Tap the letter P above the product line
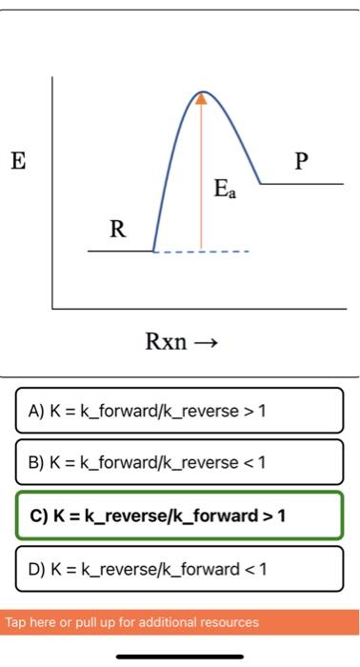[x=301, y=161]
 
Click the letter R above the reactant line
[x=117, y=229]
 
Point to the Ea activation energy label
[x=225, y=192]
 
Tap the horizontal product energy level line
[x=301, y=183]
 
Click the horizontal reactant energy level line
[x=120, y=252]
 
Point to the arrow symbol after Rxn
[x=207, y=341]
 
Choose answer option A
[x=179, y=411]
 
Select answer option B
[x=179, y=462]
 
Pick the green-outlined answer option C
[x=179, y=515]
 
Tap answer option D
[x=179, y=569]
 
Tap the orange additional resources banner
[x=179, y=622]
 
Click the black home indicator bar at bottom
[x=180, y=656]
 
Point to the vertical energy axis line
[x=53, y=191]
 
